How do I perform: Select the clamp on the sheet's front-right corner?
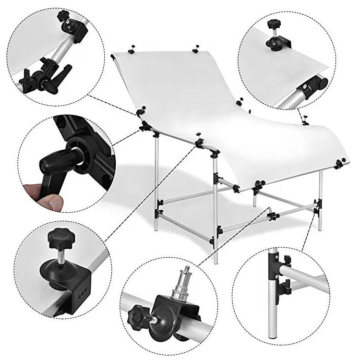[340, 164]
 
